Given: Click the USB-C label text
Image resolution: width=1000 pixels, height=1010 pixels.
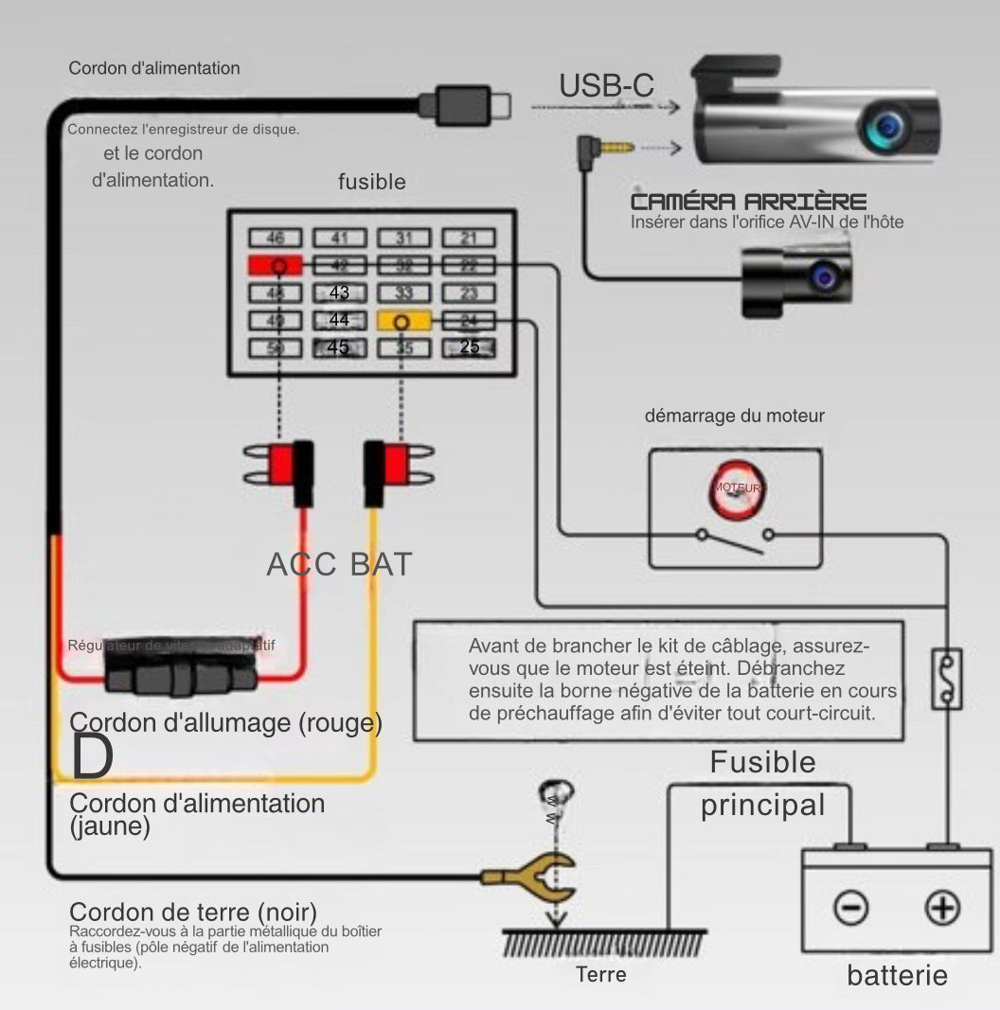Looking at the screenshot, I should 606,85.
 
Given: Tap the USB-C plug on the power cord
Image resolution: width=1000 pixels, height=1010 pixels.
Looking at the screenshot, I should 464,101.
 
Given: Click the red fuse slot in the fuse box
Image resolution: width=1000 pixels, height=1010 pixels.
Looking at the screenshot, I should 276,265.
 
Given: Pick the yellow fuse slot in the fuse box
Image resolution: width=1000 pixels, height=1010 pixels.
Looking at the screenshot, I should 404,322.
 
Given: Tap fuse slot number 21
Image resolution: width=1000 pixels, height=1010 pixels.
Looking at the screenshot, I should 469,239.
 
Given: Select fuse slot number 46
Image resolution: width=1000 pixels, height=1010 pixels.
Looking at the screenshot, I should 276,239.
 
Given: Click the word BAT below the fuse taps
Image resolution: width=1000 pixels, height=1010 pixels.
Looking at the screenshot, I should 381,564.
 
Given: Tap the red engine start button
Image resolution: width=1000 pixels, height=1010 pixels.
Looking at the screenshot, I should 736,487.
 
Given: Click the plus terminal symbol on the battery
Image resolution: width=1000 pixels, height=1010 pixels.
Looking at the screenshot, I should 941,909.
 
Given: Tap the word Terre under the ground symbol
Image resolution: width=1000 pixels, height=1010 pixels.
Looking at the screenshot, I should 601,974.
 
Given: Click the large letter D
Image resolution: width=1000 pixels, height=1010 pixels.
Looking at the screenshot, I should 93,755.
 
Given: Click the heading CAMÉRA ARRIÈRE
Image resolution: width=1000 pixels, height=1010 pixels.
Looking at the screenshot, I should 748,202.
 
